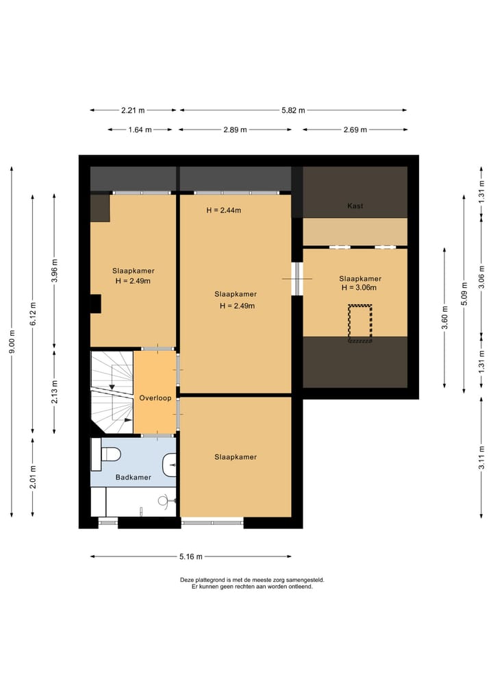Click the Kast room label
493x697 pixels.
(x=355, y=206)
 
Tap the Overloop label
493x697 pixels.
(x=155, y=398)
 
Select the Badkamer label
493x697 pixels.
(x=134, y=478)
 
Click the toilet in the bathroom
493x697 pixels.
(x=106, y=454)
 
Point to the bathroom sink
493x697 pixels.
(x=169, y=465)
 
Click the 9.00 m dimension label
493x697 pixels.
(x=12, y=342)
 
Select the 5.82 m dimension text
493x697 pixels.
(x=293, y=110)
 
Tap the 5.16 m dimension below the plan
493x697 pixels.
(x=191, y=557)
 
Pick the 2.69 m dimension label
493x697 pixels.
(x=355, y=130)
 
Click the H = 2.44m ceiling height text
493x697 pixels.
(x=224, y=210)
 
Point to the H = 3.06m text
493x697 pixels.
(x=359, y=288)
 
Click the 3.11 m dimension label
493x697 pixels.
(x=482, y=457)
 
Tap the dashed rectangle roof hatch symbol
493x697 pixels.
(x=359, y=323)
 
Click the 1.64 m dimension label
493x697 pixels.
(x=140, y=130)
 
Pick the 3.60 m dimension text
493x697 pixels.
(x=444, y=318)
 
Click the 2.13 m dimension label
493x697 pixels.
(x=55, y=392)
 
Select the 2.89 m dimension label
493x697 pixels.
(x=236, y=130)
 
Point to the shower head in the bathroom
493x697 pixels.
(x=163, y=501)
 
